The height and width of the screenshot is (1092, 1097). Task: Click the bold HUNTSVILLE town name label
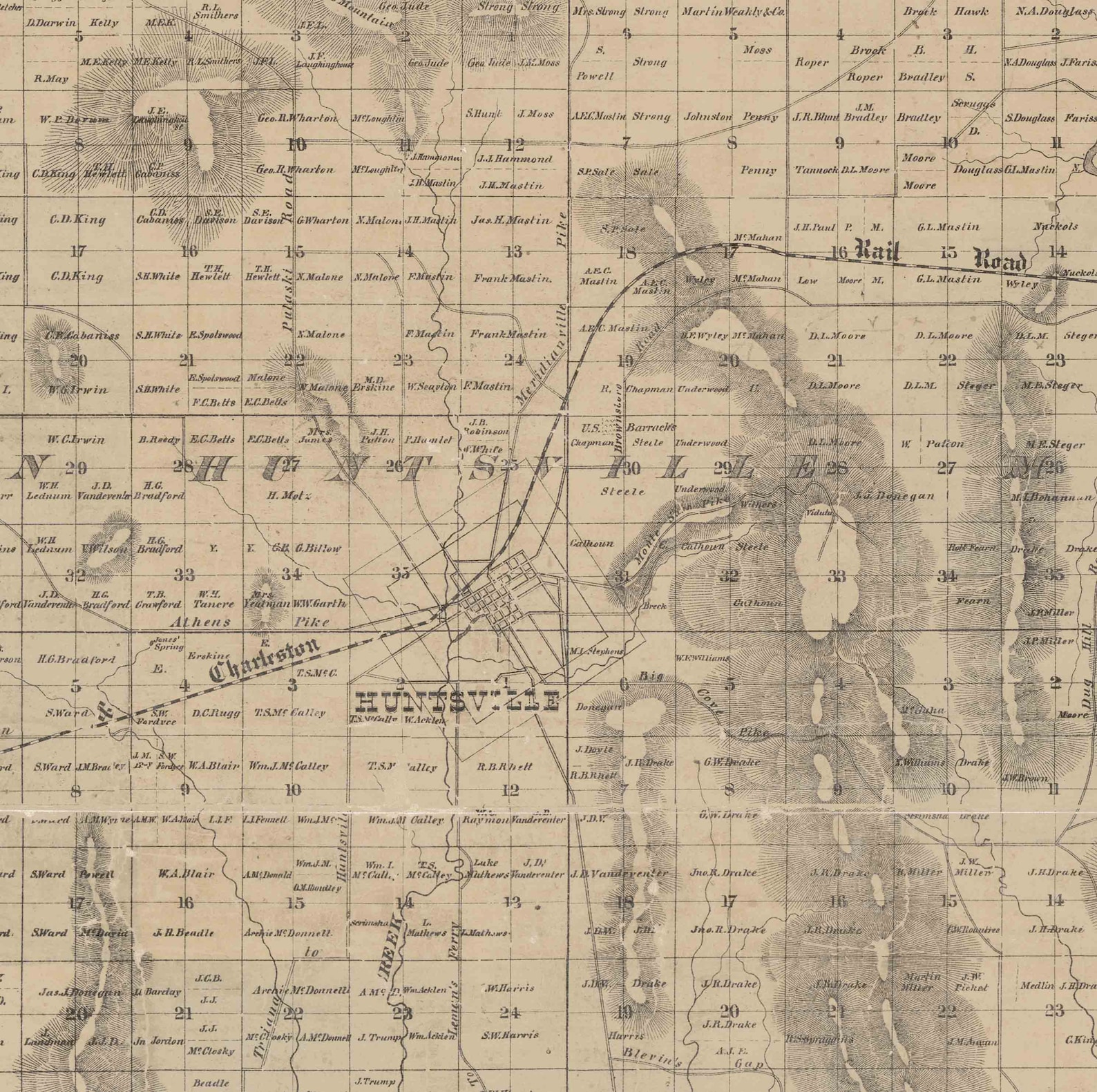click(x=456, y=702)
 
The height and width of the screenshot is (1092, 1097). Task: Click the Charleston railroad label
click(x=265, y=660)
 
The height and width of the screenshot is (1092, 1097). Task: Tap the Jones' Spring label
click(x=168, y=643)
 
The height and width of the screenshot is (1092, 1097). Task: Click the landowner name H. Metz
click(x=289, y=495)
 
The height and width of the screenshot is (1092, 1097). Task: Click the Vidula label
click(x=819, y=513)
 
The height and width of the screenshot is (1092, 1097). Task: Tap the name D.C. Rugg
click(x=216, y=712)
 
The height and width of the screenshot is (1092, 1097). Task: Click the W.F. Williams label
click(x=702, y=658)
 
